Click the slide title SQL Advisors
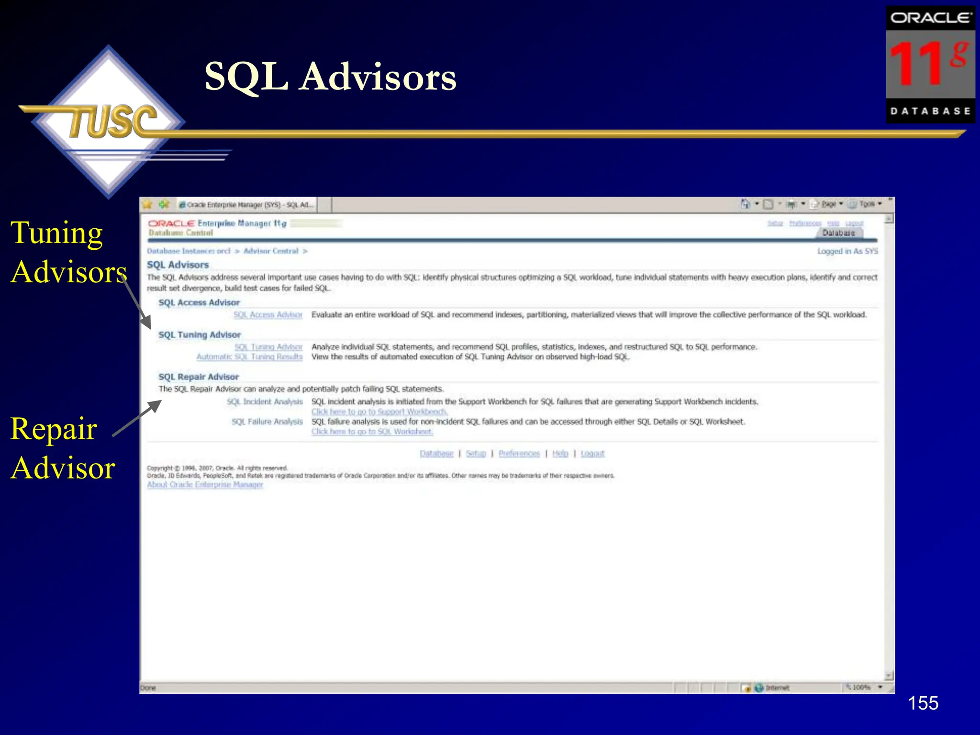click(330, 77)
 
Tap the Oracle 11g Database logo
click(930, 65)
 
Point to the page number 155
click(923, 703)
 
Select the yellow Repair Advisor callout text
click(62, 448)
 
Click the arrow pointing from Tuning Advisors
click(138, 304)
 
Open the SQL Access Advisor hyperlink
click(268, 315)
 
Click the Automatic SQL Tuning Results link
click(249, 357)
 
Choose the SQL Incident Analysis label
click(265, 402)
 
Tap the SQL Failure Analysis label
click(267, 422)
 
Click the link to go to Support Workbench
click(379, 412)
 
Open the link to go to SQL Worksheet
click(372, 432)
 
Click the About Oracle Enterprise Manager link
click(205, 485)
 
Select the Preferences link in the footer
click(519, 454)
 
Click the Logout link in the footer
click(592, 454)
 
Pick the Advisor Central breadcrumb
click(271, 251)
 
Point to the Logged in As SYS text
click(847, 251)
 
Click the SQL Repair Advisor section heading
click(199, 377)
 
